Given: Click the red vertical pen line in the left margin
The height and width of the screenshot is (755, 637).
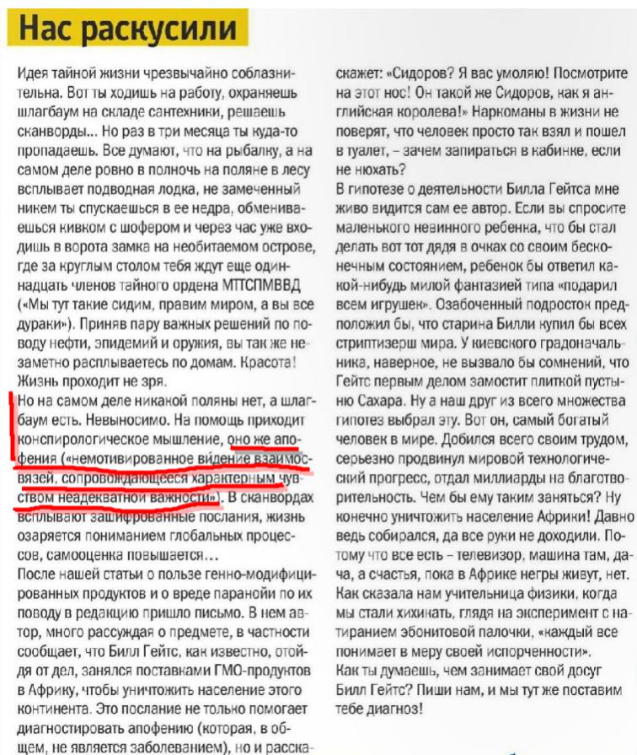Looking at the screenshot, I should [x=13, y=447].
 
